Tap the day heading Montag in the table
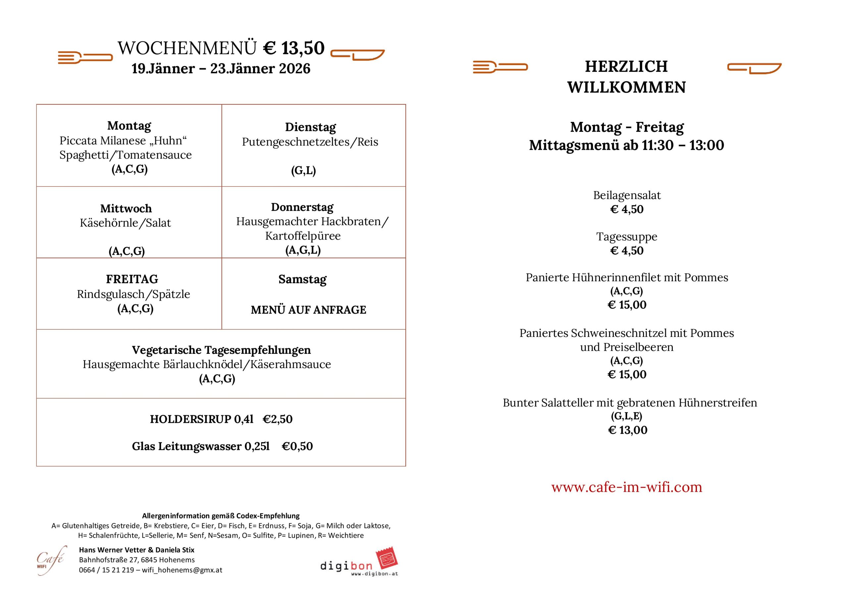click(x=129, y=126)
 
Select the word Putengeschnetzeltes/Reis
click(x=310, y=142)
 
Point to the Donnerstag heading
click(x=302, y=207)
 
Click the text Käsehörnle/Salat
click(x=125, y=223)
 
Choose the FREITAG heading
click(x=132, y=279)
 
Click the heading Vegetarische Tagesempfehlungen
click(x=221, y=350)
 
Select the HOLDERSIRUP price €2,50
click(x=277, y=419)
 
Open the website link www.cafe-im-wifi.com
click(x=626, y=487)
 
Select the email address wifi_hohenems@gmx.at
click(x=182, y=570)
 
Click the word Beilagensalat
click(x=627, y=195)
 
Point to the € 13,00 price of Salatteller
click(x=627, y=430)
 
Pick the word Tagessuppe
click(x=627, y=237)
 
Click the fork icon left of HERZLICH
click(x=500, y=67)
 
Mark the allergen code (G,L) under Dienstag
click(x=303, y=170)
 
